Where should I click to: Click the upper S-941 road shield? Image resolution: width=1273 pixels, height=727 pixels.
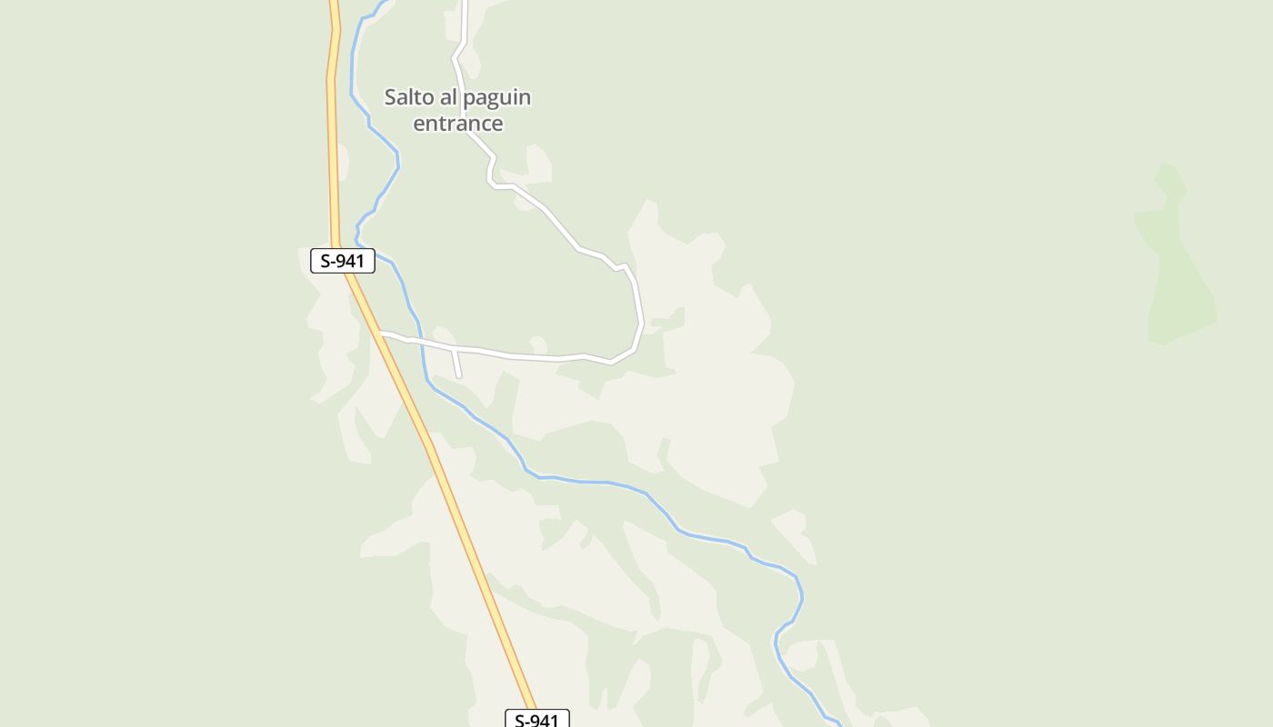343,261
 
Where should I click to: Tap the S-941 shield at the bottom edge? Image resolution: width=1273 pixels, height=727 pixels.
536,720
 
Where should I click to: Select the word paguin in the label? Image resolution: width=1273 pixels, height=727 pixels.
496,96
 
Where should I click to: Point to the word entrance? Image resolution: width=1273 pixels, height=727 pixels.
457,123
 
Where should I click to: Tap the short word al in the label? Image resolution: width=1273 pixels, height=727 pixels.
449,96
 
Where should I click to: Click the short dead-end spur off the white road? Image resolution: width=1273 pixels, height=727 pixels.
456,363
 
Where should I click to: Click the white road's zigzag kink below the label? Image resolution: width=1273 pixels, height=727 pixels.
492,173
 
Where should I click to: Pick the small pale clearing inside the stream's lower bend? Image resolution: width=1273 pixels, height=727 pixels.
801,654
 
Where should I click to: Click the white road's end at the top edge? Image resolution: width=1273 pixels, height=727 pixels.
465,3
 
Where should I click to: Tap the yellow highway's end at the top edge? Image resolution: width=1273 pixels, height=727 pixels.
334,3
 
